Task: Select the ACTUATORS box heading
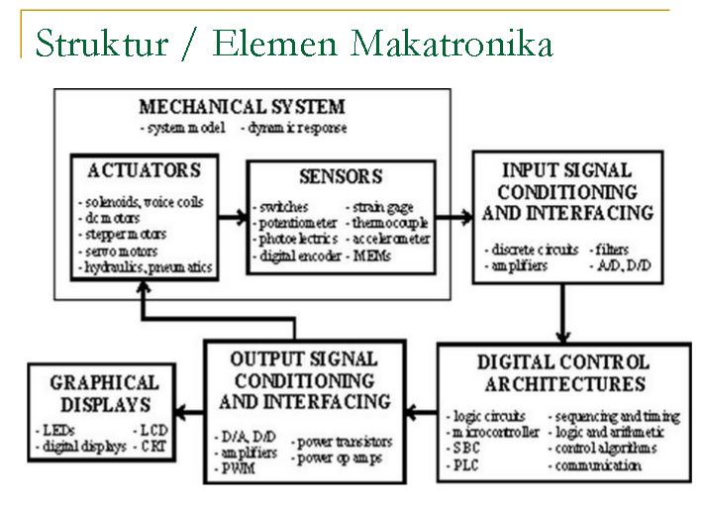144,169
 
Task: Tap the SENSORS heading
340,177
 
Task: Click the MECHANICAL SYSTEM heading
242,107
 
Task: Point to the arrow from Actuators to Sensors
230,214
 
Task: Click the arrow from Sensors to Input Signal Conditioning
456,214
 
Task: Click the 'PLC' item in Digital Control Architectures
466,465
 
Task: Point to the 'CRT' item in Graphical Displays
156,447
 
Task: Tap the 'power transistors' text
344,441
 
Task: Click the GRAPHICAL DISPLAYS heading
104,393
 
